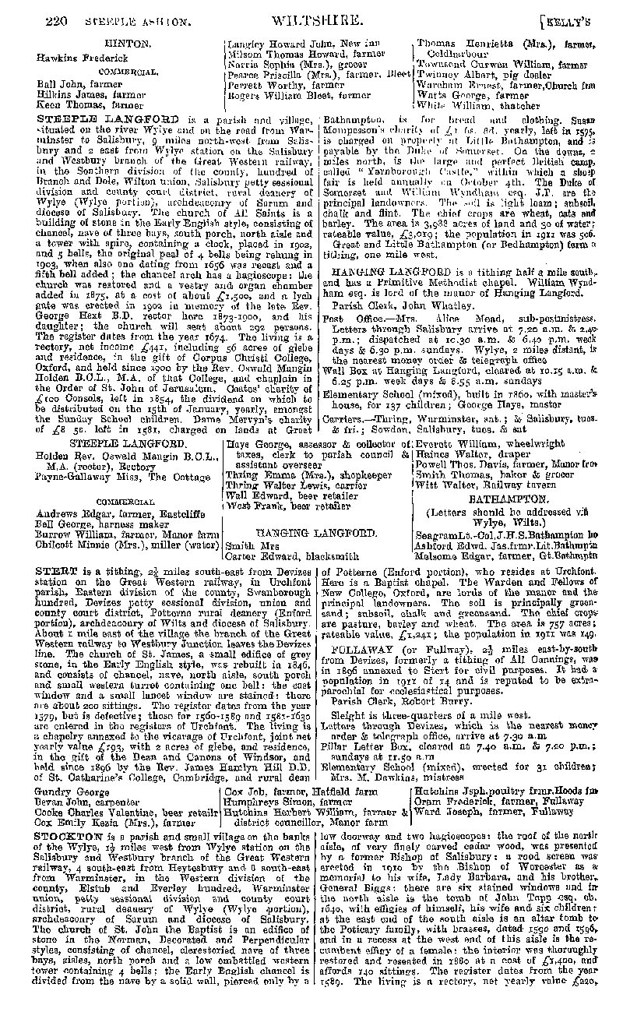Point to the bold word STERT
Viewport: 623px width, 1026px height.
click(55, 571)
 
